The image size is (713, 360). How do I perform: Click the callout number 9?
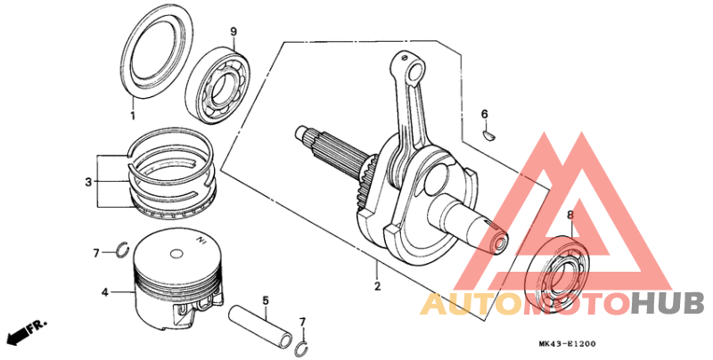click(x=233, y=32)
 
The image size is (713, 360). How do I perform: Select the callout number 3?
click(x=88, y=182)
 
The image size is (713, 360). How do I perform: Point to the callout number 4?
click(x=104, y=291)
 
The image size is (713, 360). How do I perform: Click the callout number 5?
click(x=265, y=300)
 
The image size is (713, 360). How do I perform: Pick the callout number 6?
click(x=485, y=114)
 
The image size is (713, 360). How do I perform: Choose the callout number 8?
click(x=570, y=215)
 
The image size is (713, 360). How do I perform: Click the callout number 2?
click(x=377, y=286)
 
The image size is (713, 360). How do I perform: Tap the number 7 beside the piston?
click(x=96, y=254)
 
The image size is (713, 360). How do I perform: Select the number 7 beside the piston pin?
click(x=302, y=321)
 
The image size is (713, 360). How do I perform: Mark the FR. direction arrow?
click(x=26, y=333)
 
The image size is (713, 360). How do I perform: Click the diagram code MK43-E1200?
click(x=566, y=343)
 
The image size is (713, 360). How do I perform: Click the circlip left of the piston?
click(x=122, y=249)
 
